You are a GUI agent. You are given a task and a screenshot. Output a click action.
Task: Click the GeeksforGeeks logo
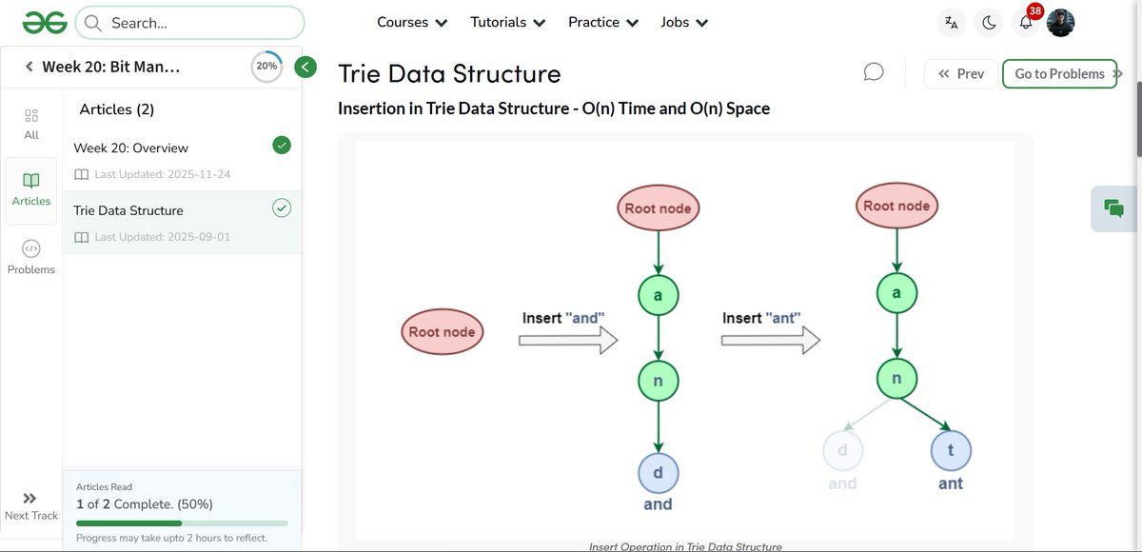(45, 22)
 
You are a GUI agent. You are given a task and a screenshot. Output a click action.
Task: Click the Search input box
(190, 23)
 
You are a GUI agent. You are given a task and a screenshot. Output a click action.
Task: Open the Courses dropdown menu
(412, 22)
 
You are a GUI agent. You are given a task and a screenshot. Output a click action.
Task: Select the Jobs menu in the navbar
(684, 22)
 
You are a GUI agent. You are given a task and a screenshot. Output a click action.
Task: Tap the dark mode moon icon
(989, 23)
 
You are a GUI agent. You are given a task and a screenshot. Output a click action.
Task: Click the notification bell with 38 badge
(1026, 23)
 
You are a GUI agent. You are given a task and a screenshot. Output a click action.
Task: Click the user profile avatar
(1060, 23)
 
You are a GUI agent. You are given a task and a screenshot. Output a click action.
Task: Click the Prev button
(961, 73)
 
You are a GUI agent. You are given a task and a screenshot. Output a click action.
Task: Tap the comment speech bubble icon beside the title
(874, 72)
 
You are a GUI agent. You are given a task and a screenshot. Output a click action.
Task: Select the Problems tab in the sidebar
(31, 256)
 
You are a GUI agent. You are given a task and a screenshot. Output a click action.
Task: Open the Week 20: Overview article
(131, 148)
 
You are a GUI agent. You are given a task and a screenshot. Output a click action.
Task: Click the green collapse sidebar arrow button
(305, 67)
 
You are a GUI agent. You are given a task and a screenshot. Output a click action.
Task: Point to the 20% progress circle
(266, 67)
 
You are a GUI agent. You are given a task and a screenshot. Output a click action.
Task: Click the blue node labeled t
(950, 450)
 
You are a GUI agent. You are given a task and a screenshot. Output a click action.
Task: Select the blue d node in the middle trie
(658, 473)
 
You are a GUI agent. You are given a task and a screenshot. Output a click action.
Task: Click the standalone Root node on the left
(442, 331)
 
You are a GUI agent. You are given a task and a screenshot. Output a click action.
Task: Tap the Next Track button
(31, 505)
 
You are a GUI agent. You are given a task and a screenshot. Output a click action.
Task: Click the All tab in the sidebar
(31, 123)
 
